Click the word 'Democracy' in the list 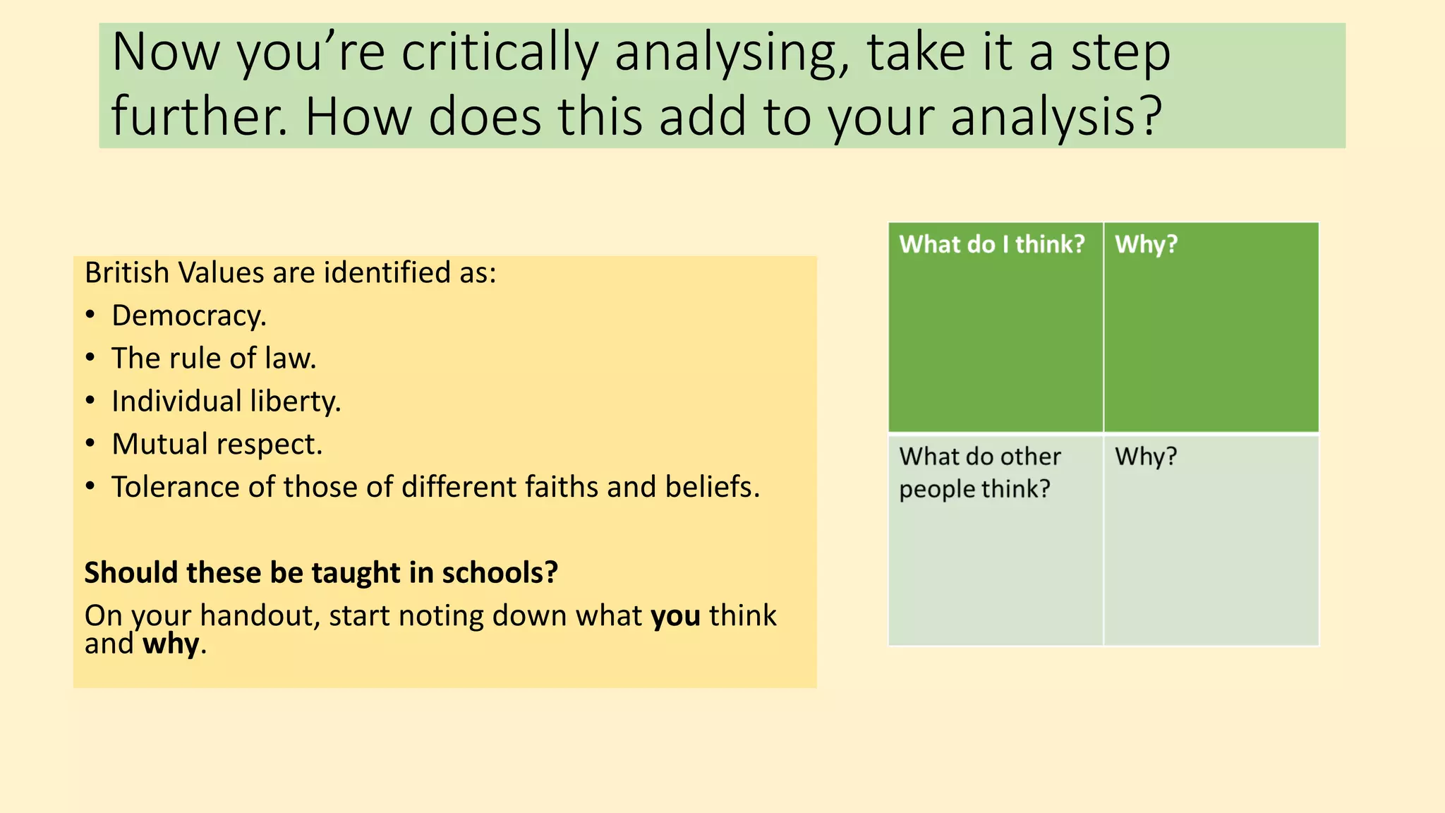point(188,315)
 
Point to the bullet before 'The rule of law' point(90,358)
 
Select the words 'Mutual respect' point(217,445)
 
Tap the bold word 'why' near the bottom point(171,644)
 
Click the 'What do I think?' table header point(991,244)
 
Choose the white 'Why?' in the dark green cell point(1146,244)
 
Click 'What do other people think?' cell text point(979,472)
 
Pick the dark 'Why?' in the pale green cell point(1146,457)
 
